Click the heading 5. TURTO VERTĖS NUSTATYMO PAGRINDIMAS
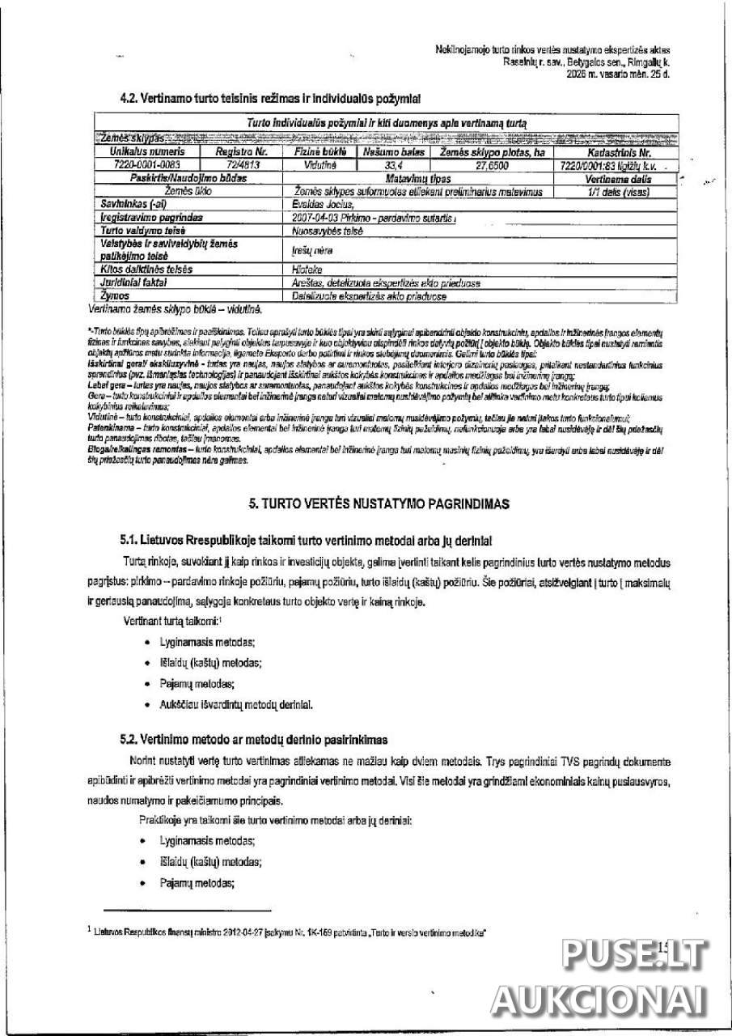click(379, 504)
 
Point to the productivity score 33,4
click(395, 164)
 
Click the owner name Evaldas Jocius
click(320, 206)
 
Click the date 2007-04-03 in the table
click(315, 218)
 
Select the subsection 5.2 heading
click(253, 739)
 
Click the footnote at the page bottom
click(291, 932)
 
